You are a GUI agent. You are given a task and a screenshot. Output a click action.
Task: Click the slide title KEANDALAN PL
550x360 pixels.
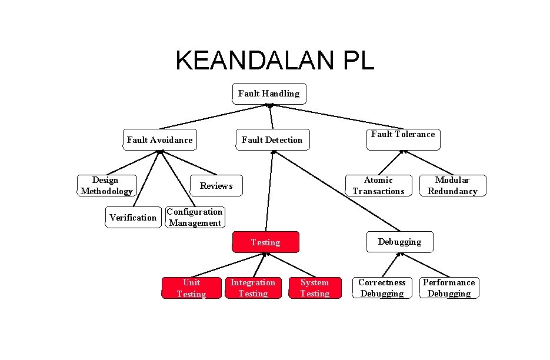tap(274, 60)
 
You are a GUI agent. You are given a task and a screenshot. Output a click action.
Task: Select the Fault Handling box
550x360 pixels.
tap(269, 94)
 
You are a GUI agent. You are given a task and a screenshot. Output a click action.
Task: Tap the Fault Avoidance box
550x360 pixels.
tap(159, 140)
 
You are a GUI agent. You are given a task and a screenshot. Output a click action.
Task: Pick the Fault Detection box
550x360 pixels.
tap(272, 140)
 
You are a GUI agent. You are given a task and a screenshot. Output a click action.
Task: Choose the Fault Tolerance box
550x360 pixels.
tap(403, 139)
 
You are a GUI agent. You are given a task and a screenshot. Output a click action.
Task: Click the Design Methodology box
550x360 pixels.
tap(106, 185)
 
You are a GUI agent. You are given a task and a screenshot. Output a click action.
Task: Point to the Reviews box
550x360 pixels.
tap(216, 186)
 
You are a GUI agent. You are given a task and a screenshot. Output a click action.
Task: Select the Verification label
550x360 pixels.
tap(133, 218)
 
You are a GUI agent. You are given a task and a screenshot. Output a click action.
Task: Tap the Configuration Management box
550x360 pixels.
tap(195, 217)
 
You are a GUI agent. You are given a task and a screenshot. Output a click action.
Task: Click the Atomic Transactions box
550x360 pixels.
tap(378, 185)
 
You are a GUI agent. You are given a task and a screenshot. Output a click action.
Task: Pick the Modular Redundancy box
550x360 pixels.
tap(452, 185)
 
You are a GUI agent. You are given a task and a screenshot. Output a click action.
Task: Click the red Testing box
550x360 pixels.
tap(265, 242)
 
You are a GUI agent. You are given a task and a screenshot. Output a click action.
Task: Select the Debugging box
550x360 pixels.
tap(399, 242)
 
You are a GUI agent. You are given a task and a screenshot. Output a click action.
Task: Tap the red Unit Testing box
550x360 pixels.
tap(191, 288)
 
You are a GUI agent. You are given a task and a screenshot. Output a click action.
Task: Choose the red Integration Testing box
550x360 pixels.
tap(253, 288)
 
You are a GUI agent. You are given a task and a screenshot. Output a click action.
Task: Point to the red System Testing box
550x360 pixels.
tap(315, 288)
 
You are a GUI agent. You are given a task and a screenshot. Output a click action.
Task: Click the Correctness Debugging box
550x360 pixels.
tap(382, 288)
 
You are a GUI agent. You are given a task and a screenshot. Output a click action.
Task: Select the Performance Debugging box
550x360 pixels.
tap(449, 288)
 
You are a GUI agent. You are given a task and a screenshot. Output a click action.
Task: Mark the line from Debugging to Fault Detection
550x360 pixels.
tap(335, 191)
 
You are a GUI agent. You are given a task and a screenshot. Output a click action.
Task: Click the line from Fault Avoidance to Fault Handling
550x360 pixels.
tap(214, 116)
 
